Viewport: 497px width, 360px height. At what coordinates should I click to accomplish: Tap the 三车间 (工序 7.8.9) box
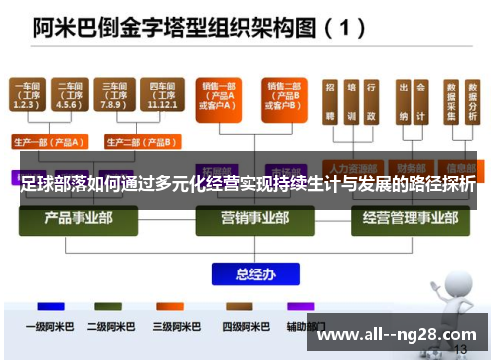point(112,95)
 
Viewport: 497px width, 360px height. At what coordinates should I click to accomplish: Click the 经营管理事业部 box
point(406,217)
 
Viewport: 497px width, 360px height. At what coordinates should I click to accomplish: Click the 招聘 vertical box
point(329,105)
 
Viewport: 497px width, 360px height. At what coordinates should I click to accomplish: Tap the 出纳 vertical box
point(404,105)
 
